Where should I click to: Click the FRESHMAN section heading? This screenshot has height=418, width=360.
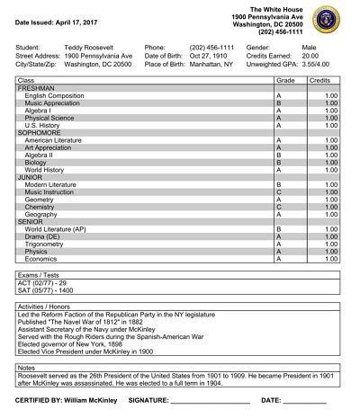click(x=36, y=89)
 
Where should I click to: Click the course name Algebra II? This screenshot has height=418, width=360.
click(x=43, y=156)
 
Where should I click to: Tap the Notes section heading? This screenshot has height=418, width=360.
click(x=27, y=367)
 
